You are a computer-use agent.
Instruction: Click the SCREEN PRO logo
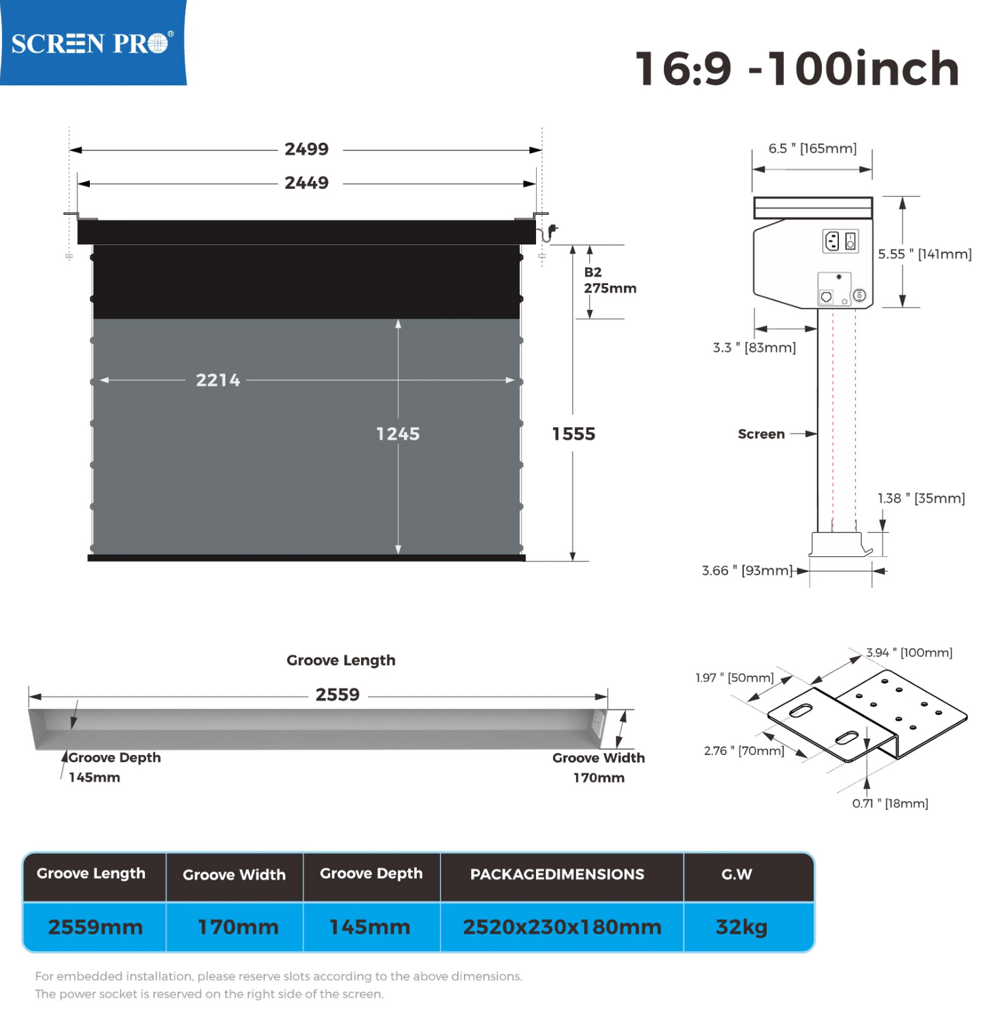tap(93, 43)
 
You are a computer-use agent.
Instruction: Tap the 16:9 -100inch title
tap(797, 68)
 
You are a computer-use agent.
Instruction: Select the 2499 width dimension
tap(306, 149)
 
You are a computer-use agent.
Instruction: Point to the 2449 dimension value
tap(306, 183)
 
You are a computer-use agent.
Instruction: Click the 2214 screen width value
tap(218, 380)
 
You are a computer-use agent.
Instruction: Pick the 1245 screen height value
tap(398, 434)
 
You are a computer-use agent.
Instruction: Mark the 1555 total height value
tap(573, 434)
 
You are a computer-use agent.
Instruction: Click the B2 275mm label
tap(610, 280)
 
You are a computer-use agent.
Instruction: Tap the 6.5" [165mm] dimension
tap(812, 148)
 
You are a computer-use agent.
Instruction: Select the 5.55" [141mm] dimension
tap(924, 254)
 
